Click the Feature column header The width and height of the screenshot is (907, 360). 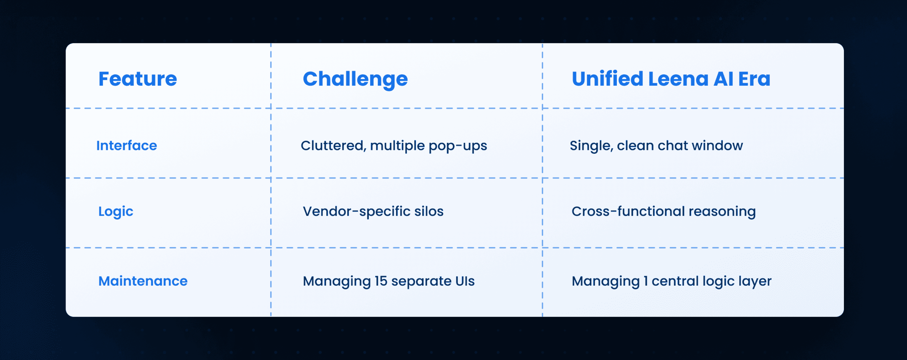[x=137, y=79]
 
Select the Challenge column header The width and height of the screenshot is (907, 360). [x=355, y=79]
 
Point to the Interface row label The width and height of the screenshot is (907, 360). [x=126, y=146]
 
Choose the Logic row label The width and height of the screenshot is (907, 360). [x=116, y=212]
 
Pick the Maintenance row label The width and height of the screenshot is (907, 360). [x=143, y=281]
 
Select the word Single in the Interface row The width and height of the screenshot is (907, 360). [x=591, y=146]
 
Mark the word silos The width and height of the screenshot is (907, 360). [x=429, y=212]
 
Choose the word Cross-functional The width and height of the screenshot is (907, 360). [x=628, y=212]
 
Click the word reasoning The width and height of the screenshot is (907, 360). [x=722, y=212]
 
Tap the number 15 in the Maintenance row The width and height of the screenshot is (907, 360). [x=381, y=281]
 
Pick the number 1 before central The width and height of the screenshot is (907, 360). [x=646, y=281]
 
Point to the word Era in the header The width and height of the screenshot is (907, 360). [x=754, y=79]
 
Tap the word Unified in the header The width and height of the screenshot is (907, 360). [x=607, y=79]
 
